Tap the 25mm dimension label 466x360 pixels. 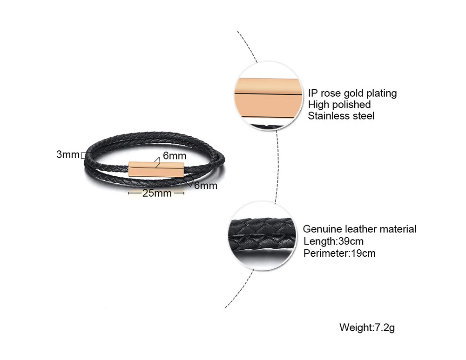point(157,193)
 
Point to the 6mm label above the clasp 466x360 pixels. point(175,156)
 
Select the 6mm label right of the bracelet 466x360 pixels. point(206,185)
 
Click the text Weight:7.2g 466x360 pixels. point(367,327)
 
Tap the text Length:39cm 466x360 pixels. point(333,241)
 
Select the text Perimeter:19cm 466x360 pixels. point(339,253)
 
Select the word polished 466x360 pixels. point(351,105)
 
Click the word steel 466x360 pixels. point(363,116)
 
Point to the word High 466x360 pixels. point(318,105)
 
